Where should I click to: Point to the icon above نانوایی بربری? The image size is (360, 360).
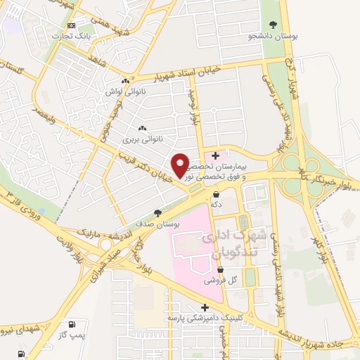tap(143, 128)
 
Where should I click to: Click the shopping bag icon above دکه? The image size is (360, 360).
tap(216, 193)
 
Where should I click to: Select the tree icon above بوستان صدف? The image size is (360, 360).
tap(157, 213)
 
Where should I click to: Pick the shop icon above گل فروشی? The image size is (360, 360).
tap(220, 269)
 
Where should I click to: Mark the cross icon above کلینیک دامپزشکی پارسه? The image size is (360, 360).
tap(205, 307)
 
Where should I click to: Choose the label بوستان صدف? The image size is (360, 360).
tap(157, 224)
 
